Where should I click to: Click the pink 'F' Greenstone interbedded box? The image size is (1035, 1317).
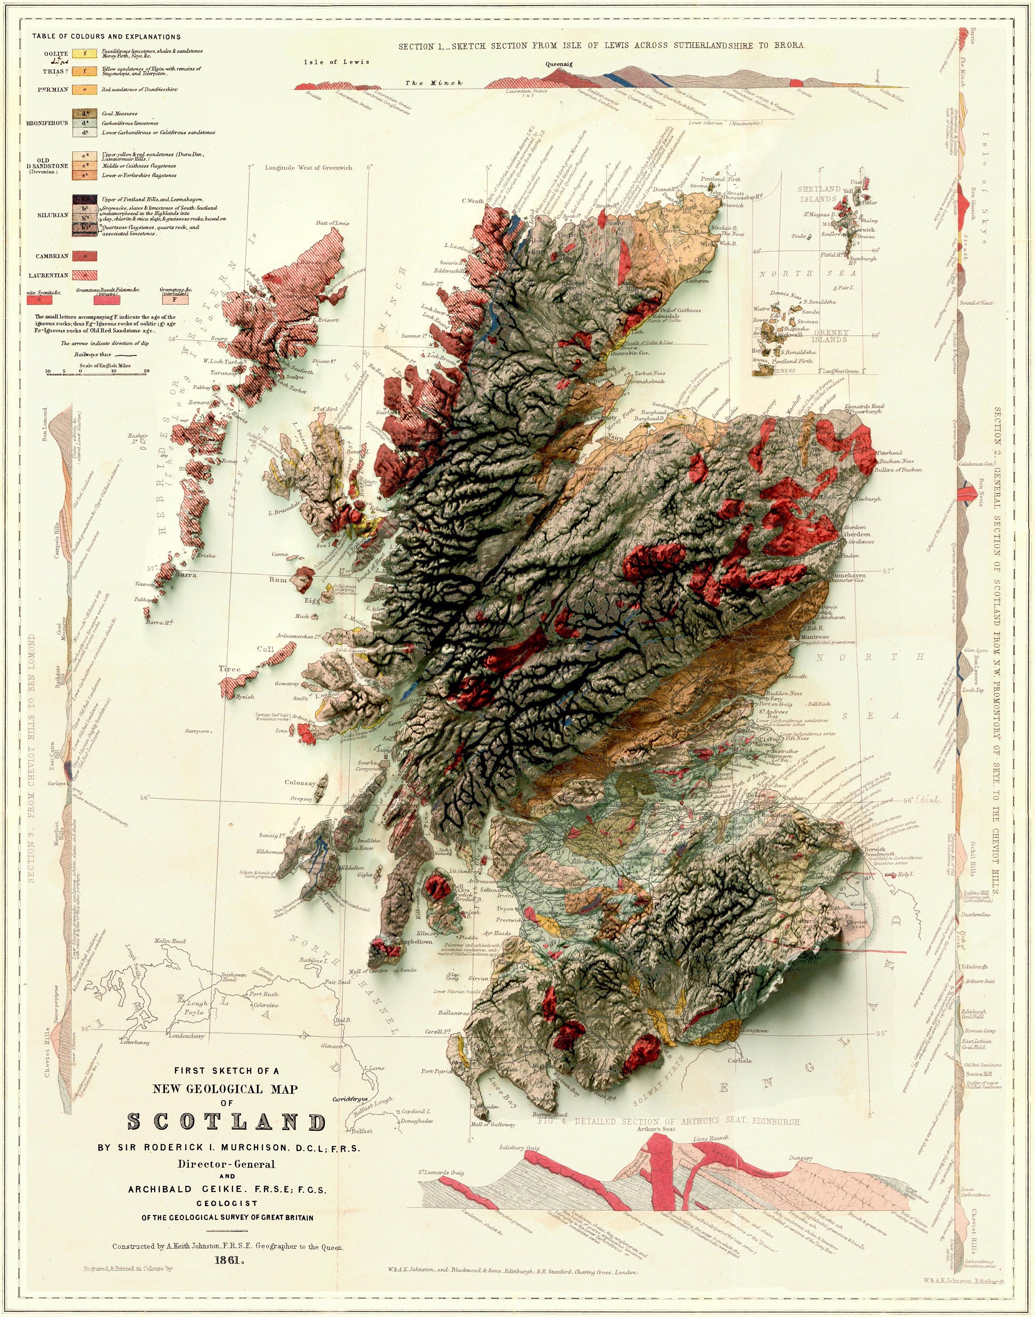[x=175, y=299]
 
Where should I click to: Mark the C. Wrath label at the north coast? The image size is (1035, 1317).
[x=472, y=201]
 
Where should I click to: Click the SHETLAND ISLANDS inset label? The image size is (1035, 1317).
[x=819, y=194]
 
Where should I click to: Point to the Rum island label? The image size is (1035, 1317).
[x=278, y=580]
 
